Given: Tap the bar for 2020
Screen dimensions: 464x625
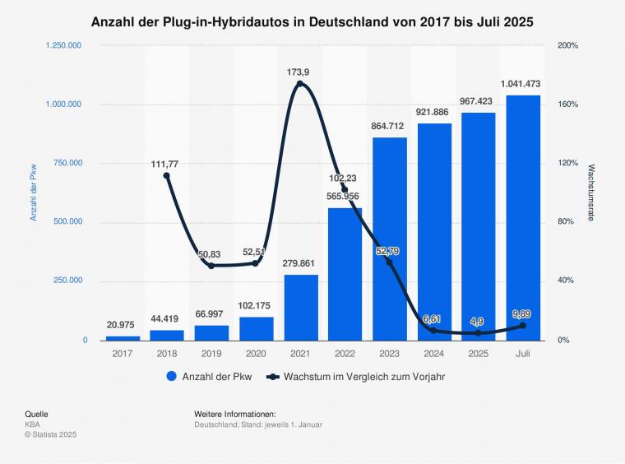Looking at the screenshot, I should (x=257, y=328).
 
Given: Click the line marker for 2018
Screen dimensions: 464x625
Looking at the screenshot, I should (x=167, y=175).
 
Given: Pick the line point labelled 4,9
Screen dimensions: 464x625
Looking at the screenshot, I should (x=479, y=333).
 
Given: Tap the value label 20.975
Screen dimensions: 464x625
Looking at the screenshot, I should (x=123, y=324).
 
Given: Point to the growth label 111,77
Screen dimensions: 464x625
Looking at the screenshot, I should (x=164, y=164).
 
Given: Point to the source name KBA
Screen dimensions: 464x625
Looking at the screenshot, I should (x=33, y=424).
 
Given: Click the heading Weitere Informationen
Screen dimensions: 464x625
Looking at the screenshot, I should (x=234, y=413).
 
